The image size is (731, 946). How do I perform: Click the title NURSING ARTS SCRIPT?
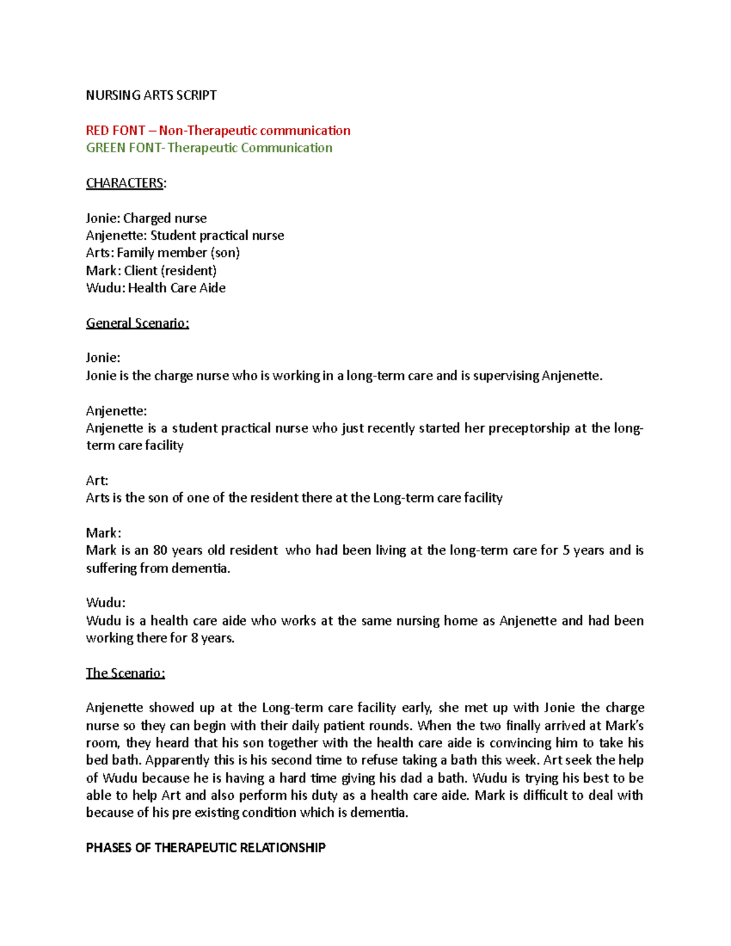pyautogui.click(x=151, y=95)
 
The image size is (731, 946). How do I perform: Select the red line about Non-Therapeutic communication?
pyautogui.click(x=218, y=130)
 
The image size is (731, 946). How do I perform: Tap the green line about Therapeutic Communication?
pyautogui.click(x=209, y=147)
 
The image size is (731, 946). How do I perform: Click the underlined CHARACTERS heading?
pyautogui.click(x=125, y=183)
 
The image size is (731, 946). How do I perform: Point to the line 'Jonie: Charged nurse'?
pyautogui.click(x=146, y=218)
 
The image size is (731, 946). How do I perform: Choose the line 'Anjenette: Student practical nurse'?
pyautogui.click(x=185, y=235)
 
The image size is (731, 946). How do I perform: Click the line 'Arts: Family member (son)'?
pyautogui.click(x=163, y=252)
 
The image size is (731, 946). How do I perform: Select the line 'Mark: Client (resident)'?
pyautogui.click(x=151, y=270)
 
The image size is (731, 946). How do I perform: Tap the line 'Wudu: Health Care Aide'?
pyautogui.click(x=155, y=288)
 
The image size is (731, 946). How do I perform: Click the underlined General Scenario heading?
pyautogui.click(x=137, y=323)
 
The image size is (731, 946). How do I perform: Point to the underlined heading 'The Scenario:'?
pyautogui.click(x=125, y=673)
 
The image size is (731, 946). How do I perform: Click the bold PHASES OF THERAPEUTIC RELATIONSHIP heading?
pyautogui.click(x=205, y=847)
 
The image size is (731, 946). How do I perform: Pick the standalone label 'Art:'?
pyautogui.click(x=97, y=480)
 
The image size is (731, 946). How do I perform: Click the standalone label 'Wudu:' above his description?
pyautogui.click(x=105, y=602)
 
